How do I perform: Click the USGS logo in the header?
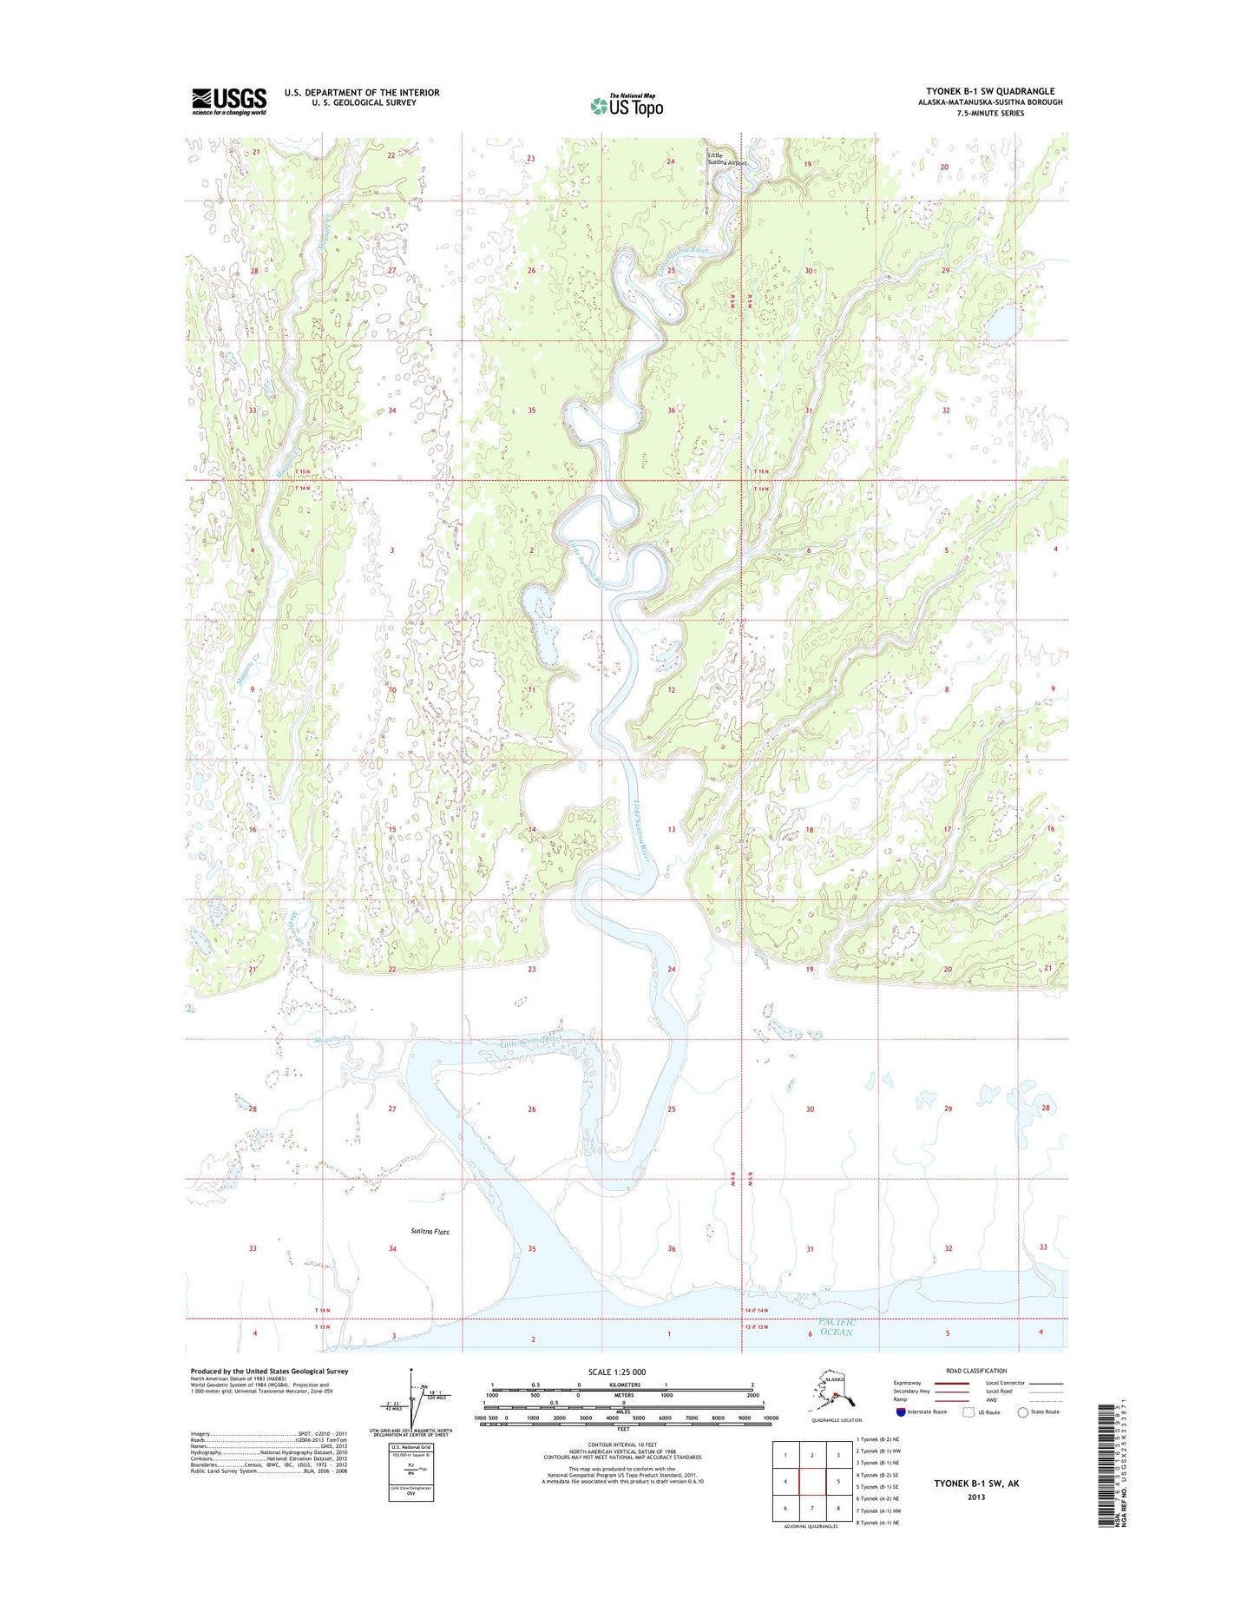(x=229, y=101)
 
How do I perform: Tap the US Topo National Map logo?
(x=627, y=105)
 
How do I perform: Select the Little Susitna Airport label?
(x=725, y=159)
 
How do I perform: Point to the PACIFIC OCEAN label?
(x=837, y=1326)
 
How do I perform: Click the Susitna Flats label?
(x=430, y=1231)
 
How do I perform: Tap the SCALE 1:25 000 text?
(x=616, y=1372)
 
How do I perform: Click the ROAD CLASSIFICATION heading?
(x=977, y=1371)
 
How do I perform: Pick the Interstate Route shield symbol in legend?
(x=900, y=1411)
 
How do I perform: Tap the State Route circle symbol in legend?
(x=1022, y=1412)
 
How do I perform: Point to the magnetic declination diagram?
(x=414, y=1401)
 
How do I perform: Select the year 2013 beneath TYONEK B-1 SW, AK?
(x=976, y=1497)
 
